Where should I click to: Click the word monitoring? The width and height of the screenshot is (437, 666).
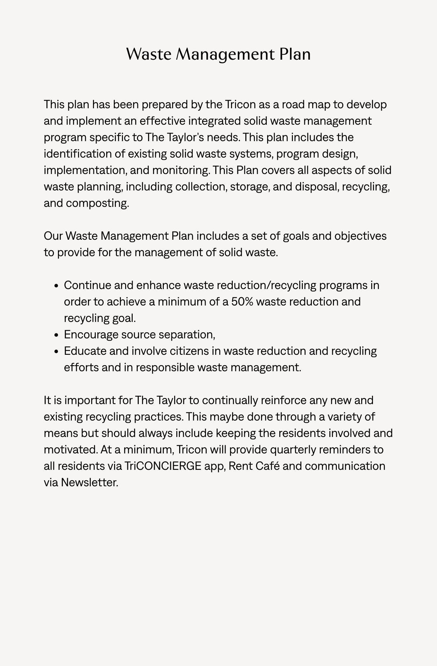coord(181,170)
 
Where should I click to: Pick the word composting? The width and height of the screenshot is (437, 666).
coord(97,203)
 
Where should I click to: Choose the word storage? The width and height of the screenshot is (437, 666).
coord(250,187)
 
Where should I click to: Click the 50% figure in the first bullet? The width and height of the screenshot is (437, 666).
coord(242,302)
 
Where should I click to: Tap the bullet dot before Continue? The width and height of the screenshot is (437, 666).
coord(56,286)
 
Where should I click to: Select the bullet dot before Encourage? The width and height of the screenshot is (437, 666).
coord(56,335)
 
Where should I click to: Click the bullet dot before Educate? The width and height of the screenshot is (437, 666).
coord(56,352)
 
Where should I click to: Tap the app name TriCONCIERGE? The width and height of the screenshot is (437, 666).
coord(163,466)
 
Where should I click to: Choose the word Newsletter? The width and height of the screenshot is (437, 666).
coord(89,483)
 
